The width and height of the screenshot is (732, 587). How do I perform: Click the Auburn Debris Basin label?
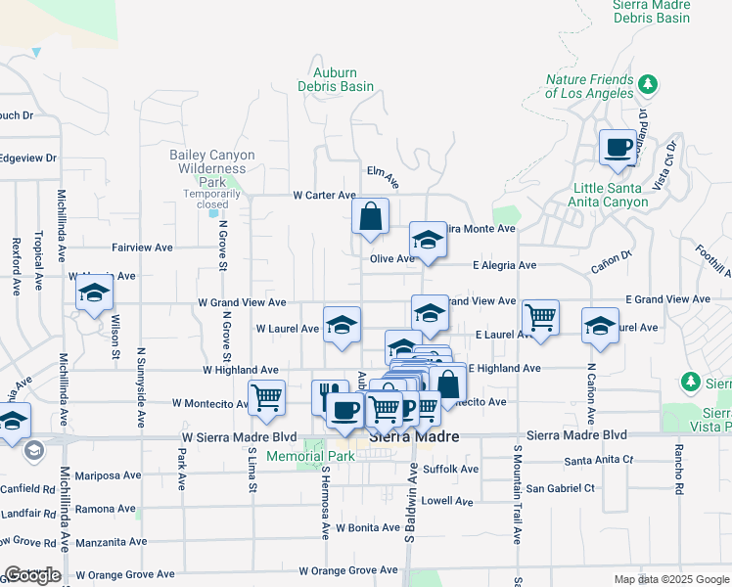click(x=336, y=79)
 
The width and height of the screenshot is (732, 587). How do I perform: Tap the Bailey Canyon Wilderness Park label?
click(x=212, y=168)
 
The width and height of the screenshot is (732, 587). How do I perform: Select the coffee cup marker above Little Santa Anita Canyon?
click(x=618, y=148)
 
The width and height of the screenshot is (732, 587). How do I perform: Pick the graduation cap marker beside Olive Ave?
click(x=428, y=239)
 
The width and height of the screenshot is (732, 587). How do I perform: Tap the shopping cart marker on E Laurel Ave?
click(x=540, y=317)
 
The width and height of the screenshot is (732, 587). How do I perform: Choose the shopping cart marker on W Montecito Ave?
click(x=266, y=397)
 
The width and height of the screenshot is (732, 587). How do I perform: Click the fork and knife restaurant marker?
click(x=330, y=396)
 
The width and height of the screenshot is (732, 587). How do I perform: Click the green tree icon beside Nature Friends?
click(x=647, y=84)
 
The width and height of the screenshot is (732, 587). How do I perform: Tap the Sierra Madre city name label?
click(x=414, y=437)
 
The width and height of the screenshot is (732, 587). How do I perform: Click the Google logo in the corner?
click(x=32, y=575)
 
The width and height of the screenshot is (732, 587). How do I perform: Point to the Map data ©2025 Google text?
click(x=671, y=579)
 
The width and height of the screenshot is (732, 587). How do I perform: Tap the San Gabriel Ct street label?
click(x=560, y=488)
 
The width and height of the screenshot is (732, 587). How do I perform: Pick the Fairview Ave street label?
click(x=143, y=248)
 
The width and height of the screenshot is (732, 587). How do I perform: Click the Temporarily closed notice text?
click(x=212, y=199)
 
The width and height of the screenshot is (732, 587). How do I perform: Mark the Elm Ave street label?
click(x=383, y=176)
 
